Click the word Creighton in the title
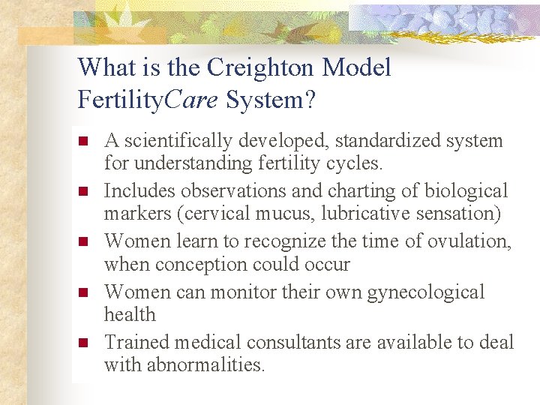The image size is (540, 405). [x=260, y=68]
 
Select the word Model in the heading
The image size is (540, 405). [x=356, y=68]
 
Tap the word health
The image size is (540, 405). [x=130, y=314]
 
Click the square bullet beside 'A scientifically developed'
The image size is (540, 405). [x=84, y=141]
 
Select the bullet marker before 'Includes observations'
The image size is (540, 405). [x=84, y=191]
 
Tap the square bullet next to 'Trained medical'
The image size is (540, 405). [x=84, y=343]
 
